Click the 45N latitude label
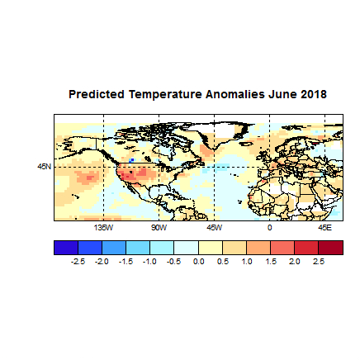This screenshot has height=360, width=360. (x=45, y=166)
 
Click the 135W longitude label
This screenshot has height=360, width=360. (x=103, y=225)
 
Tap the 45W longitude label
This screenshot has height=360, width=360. (x=214, y=225)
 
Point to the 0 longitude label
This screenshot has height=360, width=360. (x=270, y=225)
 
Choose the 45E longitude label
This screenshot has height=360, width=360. (x=325, y=225)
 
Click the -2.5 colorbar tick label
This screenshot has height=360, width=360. (x=78, y=261)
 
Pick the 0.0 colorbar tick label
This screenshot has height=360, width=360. (x=198, y=261)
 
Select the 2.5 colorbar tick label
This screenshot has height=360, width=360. (x=318, y=261)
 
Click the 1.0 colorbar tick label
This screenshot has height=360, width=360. (x=246, y=261)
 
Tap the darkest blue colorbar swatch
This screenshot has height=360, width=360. (x=66, y=248)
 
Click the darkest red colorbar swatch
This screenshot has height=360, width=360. (x=330, y=248)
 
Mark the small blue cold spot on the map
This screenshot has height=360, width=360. (x=131, y=160)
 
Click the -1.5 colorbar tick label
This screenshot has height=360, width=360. (x=126, y=261)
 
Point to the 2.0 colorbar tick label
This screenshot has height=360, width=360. (x=294, y=261)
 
